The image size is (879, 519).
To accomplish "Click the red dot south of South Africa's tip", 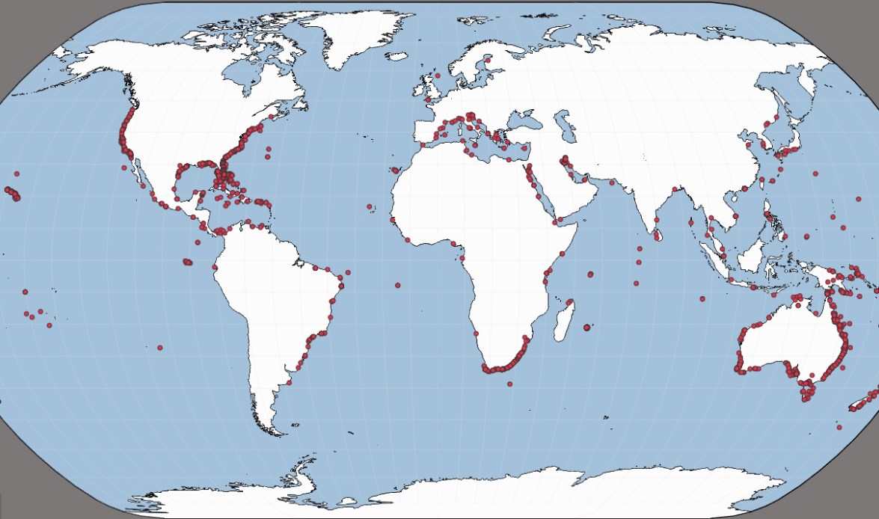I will pos(510,384).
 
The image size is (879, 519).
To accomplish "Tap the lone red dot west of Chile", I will pos(160,348).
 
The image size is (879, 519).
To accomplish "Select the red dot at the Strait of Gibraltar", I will pos(422,144).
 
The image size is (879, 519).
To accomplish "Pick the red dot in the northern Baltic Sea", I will pos(487,58).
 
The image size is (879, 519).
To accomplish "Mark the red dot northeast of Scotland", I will pos(438,76).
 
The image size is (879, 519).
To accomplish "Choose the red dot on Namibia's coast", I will pos(475,334).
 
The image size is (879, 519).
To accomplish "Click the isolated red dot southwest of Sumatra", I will pos(702,299).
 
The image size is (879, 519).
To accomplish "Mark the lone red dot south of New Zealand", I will pos(840,427).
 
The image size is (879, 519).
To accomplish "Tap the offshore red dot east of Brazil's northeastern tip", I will pos(349,272).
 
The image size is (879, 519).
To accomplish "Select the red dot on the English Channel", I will pos(428,99).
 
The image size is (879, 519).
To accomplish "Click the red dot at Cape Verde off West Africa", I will pos(370,206).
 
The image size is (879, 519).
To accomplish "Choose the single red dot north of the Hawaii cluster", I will pos(16,174).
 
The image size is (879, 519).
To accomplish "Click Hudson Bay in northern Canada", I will pos(247,75).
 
